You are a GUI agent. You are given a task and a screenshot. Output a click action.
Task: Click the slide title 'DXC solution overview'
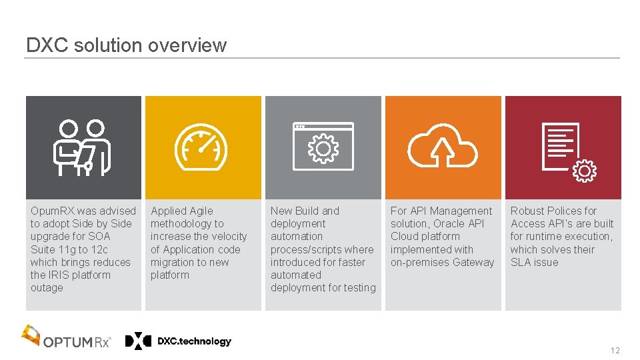tap(126, 45)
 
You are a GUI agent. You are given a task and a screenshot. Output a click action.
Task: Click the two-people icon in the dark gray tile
tap(83, 147)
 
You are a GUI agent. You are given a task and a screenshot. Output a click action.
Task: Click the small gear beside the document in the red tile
tap(585, 171)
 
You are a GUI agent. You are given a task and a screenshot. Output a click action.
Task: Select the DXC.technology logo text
tap(194, 341)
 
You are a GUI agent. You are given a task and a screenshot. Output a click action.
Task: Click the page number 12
tap(614, 351)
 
